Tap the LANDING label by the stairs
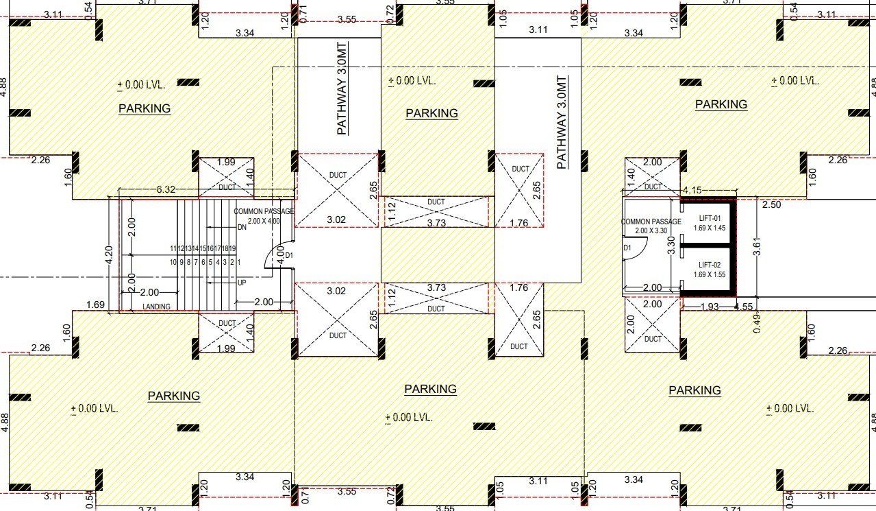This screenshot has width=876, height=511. click(x=156, y=307)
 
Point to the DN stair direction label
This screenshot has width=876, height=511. click(x=241, y=227)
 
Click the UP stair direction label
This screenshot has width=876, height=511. click(x=241, y=282)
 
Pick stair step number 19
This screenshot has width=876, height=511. click(x=232, y=248)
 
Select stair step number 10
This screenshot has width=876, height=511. click(x=173, y=262)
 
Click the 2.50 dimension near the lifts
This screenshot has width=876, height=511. click(x=771, y=205)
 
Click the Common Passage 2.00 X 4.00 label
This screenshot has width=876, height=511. click(x=264, y=216)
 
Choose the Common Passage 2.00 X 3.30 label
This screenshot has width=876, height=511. click(x=651, y=226)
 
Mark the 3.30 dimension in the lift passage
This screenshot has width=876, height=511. click(x=672, y=244)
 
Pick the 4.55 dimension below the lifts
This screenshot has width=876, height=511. click(x=744, y=307)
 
